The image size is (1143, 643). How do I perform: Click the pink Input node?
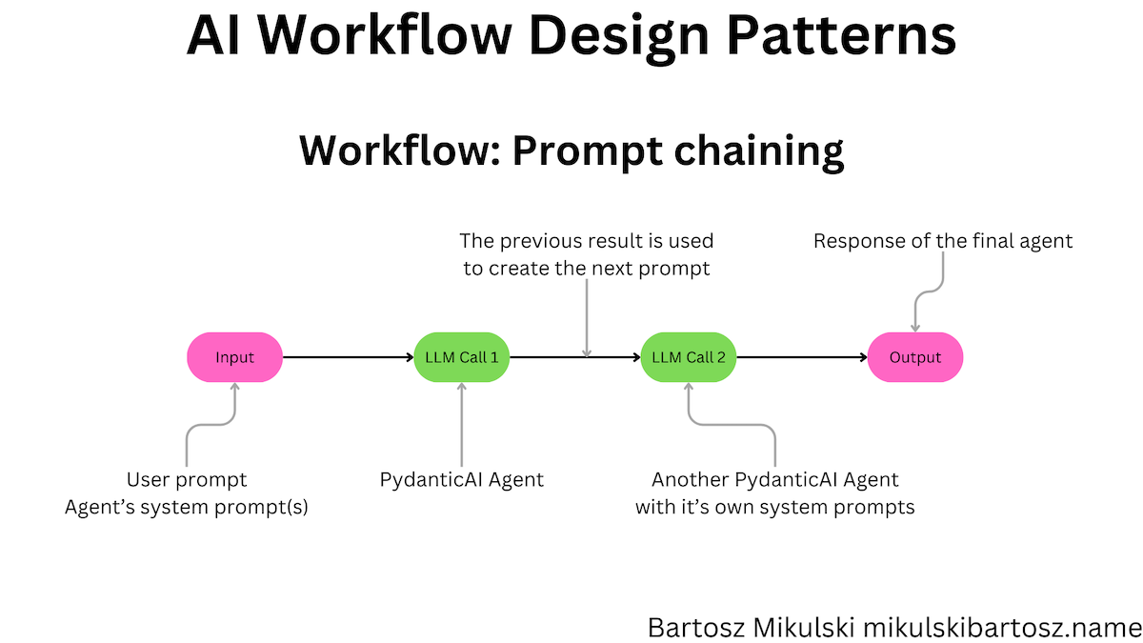234,357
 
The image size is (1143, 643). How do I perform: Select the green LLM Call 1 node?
461,357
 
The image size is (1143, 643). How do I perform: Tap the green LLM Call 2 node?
689,357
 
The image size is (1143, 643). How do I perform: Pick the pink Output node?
915,357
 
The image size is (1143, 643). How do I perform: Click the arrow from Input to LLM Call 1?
348,357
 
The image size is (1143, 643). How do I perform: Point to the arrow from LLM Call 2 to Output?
802,357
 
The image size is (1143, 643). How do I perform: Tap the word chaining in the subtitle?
759,151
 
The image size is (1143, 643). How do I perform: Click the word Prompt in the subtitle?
588,152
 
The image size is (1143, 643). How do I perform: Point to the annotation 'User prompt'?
187,480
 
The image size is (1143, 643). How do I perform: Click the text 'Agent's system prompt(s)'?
187,507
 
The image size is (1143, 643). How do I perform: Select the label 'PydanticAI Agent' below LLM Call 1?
462,480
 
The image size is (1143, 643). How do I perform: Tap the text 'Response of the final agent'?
943,241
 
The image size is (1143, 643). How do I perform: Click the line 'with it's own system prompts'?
775,507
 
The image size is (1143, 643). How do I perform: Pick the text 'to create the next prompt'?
587,269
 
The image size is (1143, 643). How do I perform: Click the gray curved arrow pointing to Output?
929,291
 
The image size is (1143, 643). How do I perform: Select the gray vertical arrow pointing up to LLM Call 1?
462,425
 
